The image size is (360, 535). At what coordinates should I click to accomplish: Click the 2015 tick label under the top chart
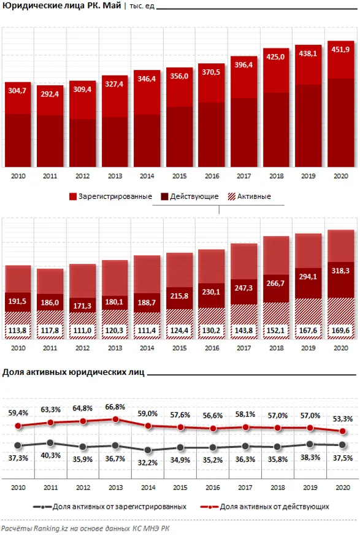click(x=179, y=177)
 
